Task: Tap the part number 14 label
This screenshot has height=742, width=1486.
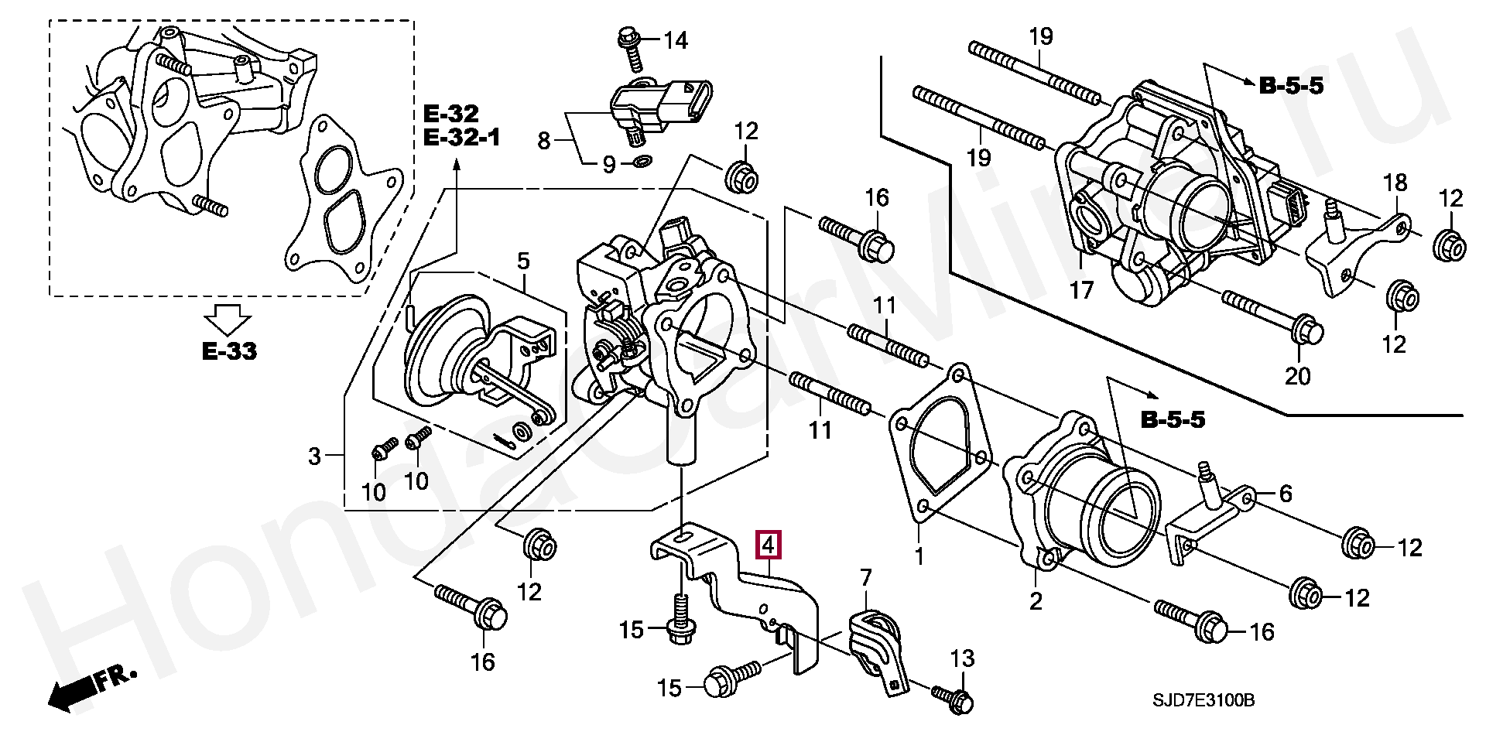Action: click(x=676, y=40)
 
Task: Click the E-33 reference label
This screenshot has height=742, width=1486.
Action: click(x=229, y=351)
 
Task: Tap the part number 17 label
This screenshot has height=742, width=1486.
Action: click(x=1081, y=290)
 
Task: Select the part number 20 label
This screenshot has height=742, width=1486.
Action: click(x=1298, y=376)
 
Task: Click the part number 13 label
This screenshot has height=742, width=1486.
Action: click(x=963, y=659)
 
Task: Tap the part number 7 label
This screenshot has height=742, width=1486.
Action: click(x=865, y=576)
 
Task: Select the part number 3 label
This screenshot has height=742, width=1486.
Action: click(x=313, y=456)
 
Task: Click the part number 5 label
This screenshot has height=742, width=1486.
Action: click(x=523, y=261)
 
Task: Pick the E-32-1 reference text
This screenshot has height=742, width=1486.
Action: click(x=462, y=138)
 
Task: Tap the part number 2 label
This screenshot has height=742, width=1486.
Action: click(x=1035, y=600)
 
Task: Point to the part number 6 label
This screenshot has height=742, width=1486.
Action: click(x=1286, y=493)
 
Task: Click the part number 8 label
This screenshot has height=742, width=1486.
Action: click(x=544, y=141)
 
